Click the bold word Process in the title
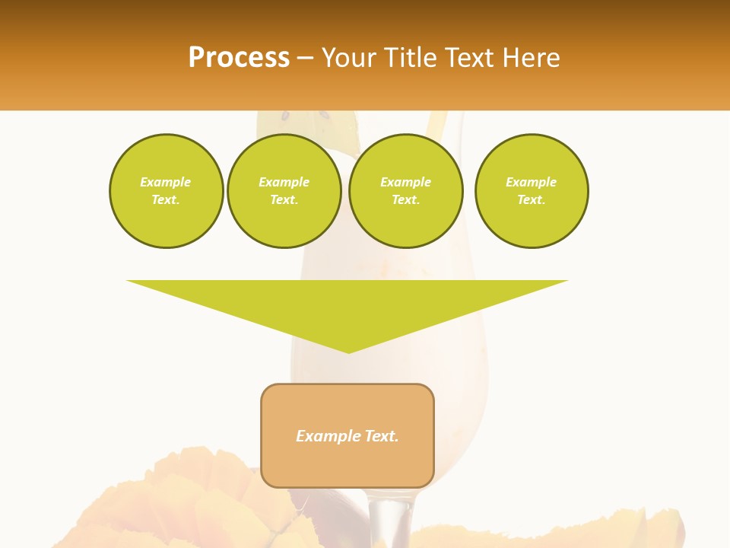[x=239, y=58]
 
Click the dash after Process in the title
[x=305, y=59]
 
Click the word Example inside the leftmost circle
[x=166, y=182]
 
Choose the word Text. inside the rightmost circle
[x=532, y=199]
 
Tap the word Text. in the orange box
[x=382, y=436]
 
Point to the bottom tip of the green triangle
[x=348, y=351]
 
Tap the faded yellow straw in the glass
[x=436, y=123]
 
